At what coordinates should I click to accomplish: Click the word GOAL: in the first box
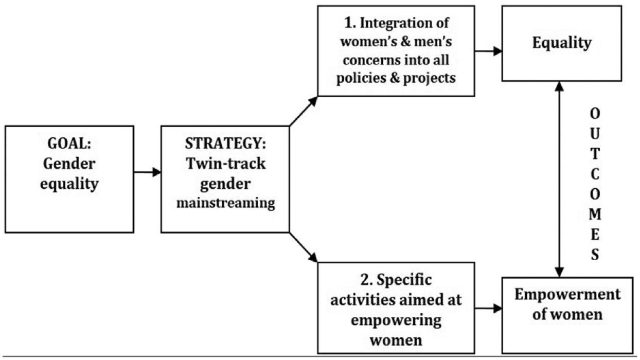(69, 143)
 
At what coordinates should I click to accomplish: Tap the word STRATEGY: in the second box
(225, 143)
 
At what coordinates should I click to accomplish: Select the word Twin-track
(226, 164)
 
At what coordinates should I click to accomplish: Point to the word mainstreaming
(226, 204)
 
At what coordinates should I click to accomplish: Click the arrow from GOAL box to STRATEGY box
(148, 172)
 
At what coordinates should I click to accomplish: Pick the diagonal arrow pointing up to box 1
(304, 111)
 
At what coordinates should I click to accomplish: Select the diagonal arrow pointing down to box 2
(304, 247)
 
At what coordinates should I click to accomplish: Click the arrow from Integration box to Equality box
(489, 51)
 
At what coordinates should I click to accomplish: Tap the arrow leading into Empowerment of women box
(489, 308)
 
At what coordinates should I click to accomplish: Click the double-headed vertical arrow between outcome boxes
(559, 179)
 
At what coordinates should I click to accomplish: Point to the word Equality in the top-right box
(562, 43)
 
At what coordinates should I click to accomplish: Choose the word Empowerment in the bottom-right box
(567, 294)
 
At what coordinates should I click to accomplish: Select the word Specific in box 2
(404, 280)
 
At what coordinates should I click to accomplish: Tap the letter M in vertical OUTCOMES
(595, 214)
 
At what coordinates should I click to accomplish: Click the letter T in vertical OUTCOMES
(595, 154)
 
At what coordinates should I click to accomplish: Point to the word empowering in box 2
(396, 320)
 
